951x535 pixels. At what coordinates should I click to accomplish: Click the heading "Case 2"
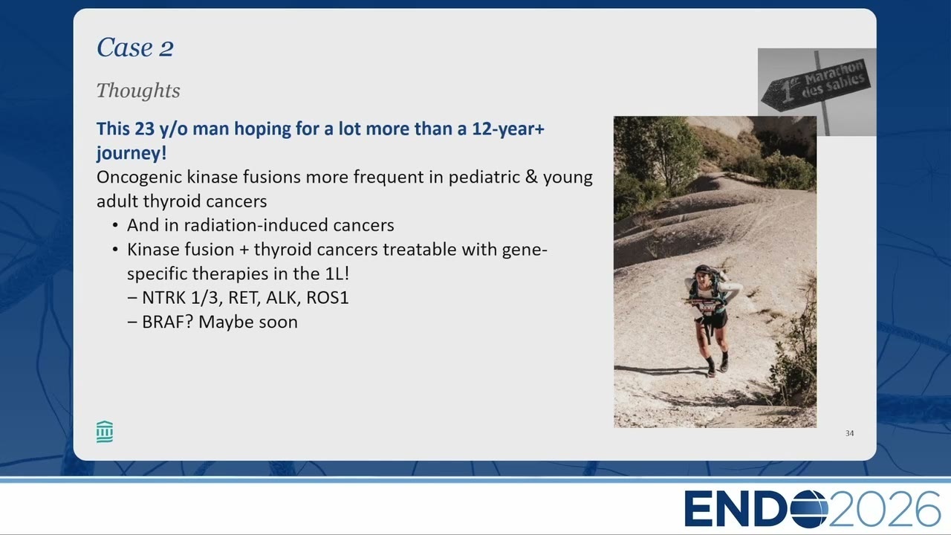coord(135,47)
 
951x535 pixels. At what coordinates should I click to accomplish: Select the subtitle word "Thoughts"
coord(138,91)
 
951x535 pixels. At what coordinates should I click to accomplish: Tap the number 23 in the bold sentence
coord(145,129)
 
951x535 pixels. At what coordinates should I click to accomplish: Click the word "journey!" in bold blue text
coord(132,153)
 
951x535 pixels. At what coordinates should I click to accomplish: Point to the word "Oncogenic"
coord(139,178)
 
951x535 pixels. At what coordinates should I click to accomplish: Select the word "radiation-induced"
coord(256,225)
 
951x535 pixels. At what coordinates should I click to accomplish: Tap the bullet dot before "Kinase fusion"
coord(115,250)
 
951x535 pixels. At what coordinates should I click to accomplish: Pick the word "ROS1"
coord(328,298)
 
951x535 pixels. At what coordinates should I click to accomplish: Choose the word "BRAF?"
coord(168,322)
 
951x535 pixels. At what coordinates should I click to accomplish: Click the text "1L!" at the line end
coord(337,273)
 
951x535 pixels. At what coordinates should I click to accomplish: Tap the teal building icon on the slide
coord(105,432)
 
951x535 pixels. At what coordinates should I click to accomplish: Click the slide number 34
coord(849,433)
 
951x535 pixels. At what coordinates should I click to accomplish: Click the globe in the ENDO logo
coord(810,508)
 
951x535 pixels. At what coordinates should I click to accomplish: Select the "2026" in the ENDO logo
coord(885,509)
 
